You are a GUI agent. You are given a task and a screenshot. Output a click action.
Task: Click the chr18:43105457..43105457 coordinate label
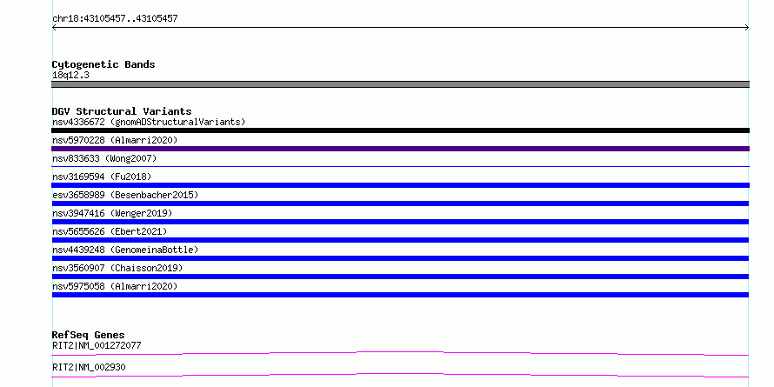tap(115, 19)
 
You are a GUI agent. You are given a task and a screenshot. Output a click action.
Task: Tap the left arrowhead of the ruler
tap(53, 28)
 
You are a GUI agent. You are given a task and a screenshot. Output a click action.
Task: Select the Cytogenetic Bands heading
tap(103, 64)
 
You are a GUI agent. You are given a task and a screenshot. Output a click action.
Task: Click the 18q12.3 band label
tap(70, 76)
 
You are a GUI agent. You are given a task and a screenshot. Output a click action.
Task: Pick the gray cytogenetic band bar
tap(400, 84)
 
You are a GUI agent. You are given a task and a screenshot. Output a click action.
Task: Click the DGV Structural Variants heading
tap(122, 111)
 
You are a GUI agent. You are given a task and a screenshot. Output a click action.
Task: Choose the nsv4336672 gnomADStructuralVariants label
tap(149, 122)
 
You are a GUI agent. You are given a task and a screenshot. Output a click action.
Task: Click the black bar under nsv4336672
tap(400, 130)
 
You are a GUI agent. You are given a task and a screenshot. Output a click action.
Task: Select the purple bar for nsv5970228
tap(400, 149)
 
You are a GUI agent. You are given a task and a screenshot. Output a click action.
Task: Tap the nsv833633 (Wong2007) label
tap(104, 158)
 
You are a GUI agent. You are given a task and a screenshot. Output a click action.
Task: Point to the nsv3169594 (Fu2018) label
tap(102, 177)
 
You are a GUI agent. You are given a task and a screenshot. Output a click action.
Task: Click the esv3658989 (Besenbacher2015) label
tap(125, 195)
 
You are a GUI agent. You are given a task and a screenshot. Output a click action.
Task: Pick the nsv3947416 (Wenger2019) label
tap(112, 213)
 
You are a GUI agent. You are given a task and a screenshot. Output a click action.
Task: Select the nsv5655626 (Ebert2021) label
tap(110, 231)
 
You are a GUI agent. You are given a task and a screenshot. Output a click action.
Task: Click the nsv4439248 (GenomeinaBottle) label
tap(125, 250)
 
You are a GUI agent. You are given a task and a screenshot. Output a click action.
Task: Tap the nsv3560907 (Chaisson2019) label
tap(117, 268)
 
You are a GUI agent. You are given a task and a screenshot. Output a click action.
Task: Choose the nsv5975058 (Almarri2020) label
tap(115, 286)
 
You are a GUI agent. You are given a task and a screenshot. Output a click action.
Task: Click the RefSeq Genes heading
tap(89, 335)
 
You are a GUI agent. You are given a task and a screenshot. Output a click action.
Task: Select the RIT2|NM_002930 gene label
tap(89, 367)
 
